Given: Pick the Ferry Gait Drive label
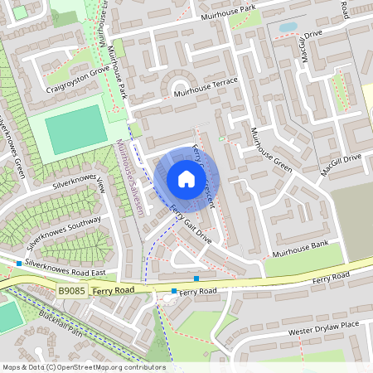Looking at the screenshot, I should tap(191, 225).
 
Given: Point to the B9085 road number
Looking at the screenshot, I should tap(72, 291).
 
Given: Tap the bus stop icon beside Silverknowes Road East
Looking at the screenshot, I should tap(18, 264).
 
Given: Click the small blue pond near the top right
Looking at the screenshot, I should tap(288, 27).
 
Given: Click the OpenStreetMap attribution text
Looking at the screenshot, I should tap(83, 367).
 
